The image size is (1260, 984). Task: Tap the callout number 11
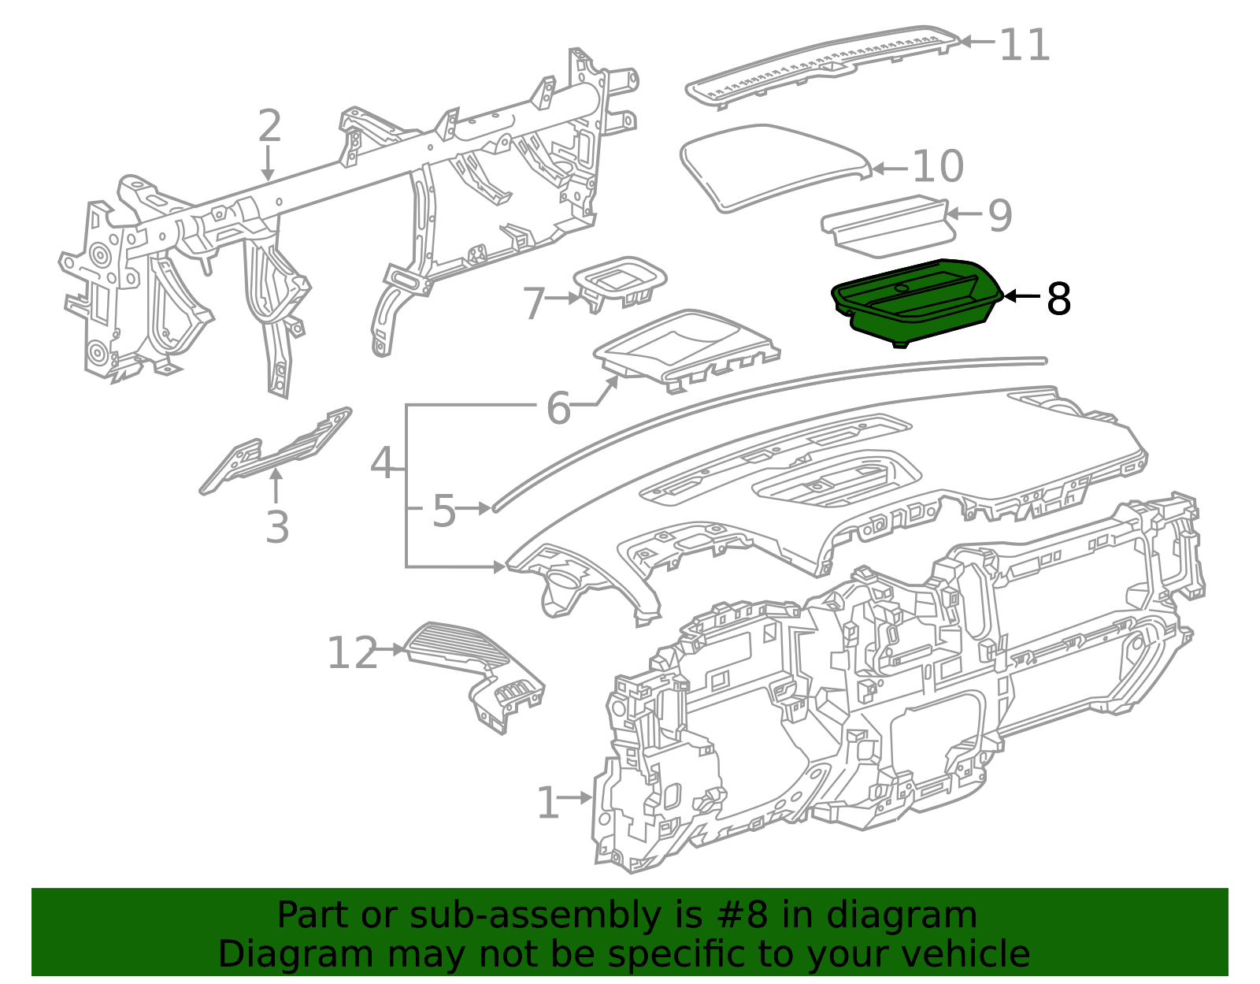pos(1024,45)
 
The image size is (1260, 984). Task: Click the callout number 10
pos(937,166)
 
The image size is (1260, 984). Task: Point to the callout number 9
pos(999,215)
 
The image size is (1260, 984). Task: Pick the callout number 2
pos(269,127)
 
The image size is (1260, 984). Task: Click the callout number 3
pos(276,527)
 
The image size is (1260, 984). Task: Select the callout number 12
pos(352,653)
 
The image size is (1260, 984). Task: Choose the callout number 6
pos(558,408)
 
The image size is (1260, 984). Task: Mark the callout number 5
pos(443,511)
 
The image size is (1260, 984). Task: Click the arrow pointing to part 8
pos(1022,296)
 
